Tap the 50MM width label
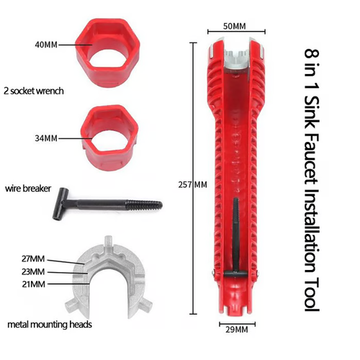pyautogui.click(x=234, y=26)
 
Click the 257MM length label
pyautogui.click(x=192, y=184)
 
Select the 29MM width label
pyautogui.click(x=235, y=329)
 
